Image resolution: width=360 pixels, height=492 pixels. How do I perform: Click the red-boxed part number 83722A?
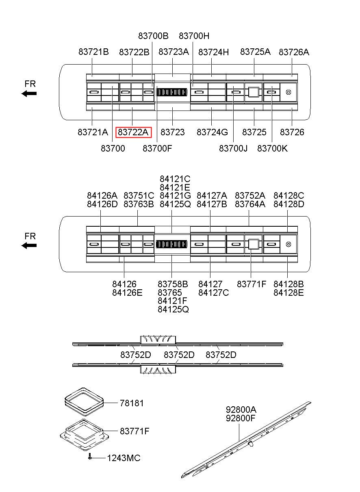(x=133, y=132)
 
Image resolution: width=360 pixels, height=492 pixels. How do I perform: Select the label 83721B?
(x=93, y=52)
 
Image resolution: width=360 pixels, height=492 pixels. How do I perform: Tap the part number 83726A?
(x=294, y=52)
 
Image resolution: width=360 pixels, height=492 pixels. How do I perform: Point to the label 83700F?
(x=157, y=149)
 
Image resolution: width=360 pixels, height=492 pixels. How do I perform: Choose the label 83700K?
(x=272, y=149)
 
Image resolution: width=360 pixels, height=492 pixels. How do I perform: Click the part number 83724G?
(x=212, y=132)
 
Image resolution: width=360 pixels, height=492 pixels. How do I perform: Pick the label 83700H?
(x=194, y=36)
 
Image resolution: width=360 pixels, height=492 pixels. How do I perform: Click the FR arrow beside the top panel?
(x=29, y=93)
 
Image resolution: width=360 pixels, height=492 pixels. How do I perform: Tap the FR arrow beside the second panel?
(x=29, y=245)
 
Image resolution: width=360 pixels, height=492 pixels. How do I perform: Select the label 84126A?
(x=102, y=195)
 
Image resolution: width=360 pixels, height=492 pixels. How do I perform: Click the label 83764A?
(x=250, y=204)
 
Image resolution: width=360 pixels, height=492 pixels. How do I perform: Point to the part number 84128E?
(x=288, y=293)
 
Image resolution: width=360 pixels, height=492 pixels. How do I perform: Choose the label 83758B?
(x=173, y=284)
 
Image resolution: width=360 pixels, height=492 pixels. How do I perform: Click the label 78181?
(x=132, y=403)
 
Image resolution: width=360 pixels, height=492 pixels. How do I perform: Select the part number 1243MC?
(x=124, y=458)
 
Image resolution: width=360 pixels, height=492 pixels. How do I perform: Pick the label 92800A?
(x=241, y=409)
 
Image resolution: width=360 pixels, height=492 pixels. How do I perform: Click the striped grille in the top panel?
(x=172, y=92)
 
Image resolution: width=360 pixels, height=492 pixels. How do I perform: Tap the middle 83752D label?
(x=179, y=355)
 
